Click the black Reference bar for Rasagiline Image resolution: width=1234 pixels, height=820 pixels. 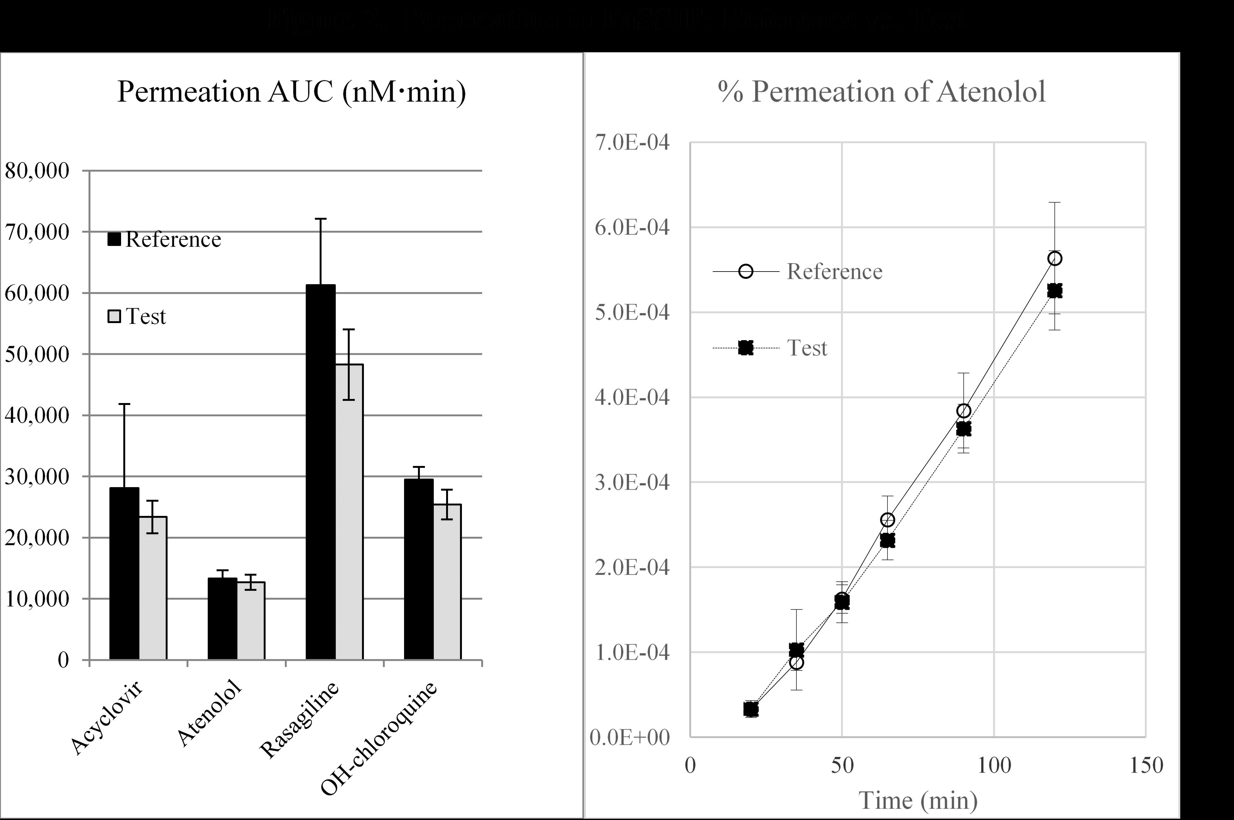(321, 471)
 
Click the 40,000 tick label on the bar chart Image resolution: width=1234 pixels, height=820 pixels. (37, 416)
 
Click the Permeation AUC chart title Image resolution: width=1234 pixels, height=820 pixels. (291, 92)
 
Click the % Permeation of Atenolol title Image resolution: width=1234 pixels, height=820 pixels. (881, 92)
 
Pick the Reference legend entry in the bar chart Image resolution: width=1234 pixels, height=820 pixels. (165, 240)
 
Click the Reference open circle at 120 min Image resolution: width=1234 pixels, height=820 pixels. (1055, 258)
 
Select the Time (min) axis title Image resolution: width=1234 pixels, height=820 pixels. (918, 800)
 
